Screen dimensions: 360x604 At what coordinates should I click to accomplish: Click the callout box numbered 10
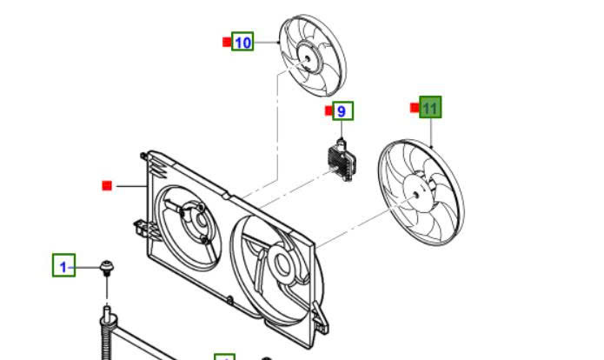[242, 42]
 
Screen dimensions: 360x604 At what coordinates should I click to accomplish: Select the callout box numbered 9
[342, 111]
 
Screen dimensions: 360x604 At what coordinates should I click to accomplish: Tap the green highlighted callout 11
[430, 108]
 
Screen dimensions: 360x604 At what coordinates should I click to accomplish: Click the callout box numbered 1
[63, 266]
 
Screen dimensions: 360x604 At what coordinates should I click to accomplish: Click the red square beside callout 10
[226, 42]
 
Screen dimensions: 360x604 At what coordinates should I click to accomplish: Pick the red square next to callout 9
[329, 110]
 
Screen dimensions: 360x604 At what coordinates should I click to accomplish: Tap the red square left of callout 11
[414, 108]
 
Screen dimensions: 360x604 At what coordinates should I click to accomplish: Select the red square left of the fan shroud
[107, 185]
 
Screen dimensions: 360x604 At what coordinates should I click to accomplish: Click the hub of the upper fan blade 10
[306, 58]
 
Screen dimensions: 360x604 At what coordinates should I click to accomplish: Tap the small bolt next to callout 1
[107, 265]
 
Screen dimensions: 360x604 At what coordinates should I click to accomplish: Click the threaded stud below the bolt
[107, 326]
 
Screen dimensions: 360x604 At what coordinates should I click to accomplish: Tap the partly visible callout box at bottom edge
[225, 357]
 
